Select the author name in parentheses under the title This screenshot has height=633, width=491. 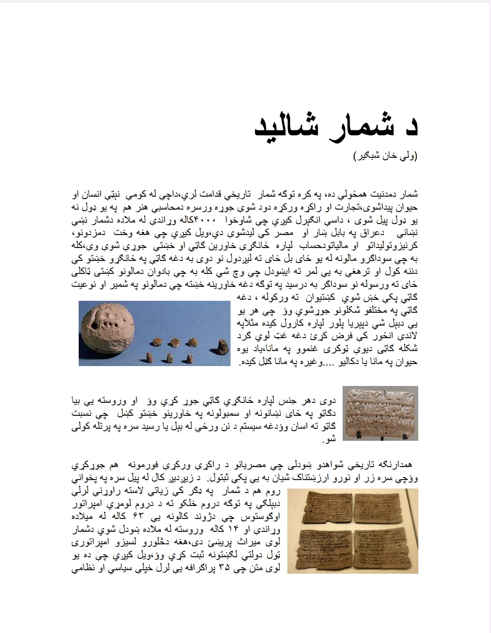click(x=385, y=156)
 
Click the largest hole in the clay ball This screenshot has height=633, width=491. click(x=95, y=325)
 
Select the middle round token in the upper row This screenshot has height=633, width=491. click(x=175, y=342)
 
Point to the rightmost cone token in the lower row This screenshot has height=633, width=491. click(x=192, y=358)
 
